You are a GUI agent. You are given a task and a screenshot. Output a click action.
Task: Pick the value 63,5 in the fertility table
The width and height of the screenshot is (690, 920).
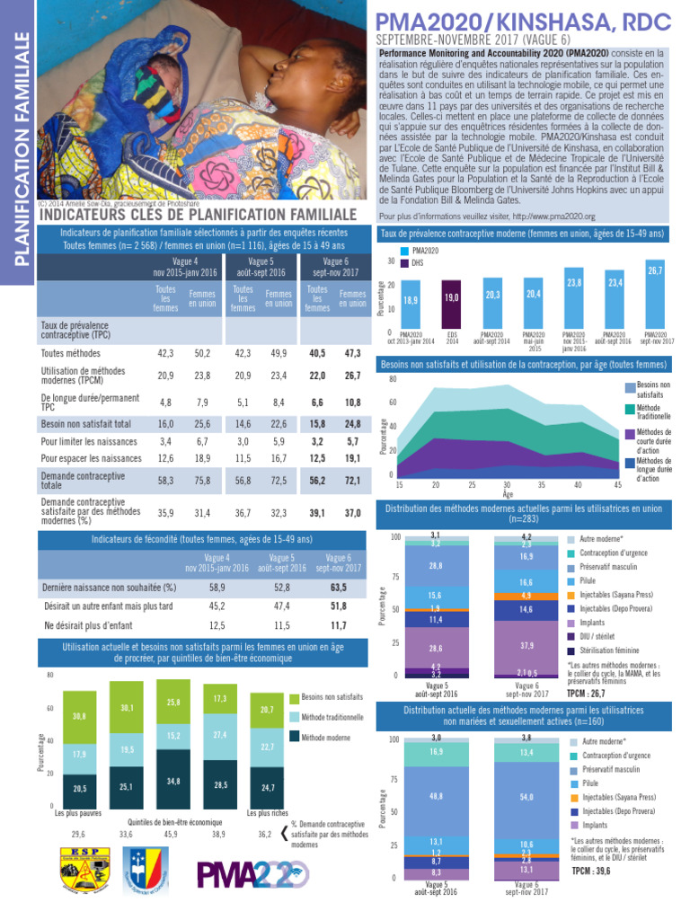point(339,587)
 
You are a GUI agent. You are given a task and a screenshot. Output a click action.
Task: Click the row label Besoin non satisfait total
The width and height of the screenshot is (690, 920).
point(85,423)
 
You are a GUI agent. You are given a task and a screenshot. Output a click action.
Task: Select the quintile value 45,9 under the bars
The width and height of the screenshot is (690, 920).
point(172,834)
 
